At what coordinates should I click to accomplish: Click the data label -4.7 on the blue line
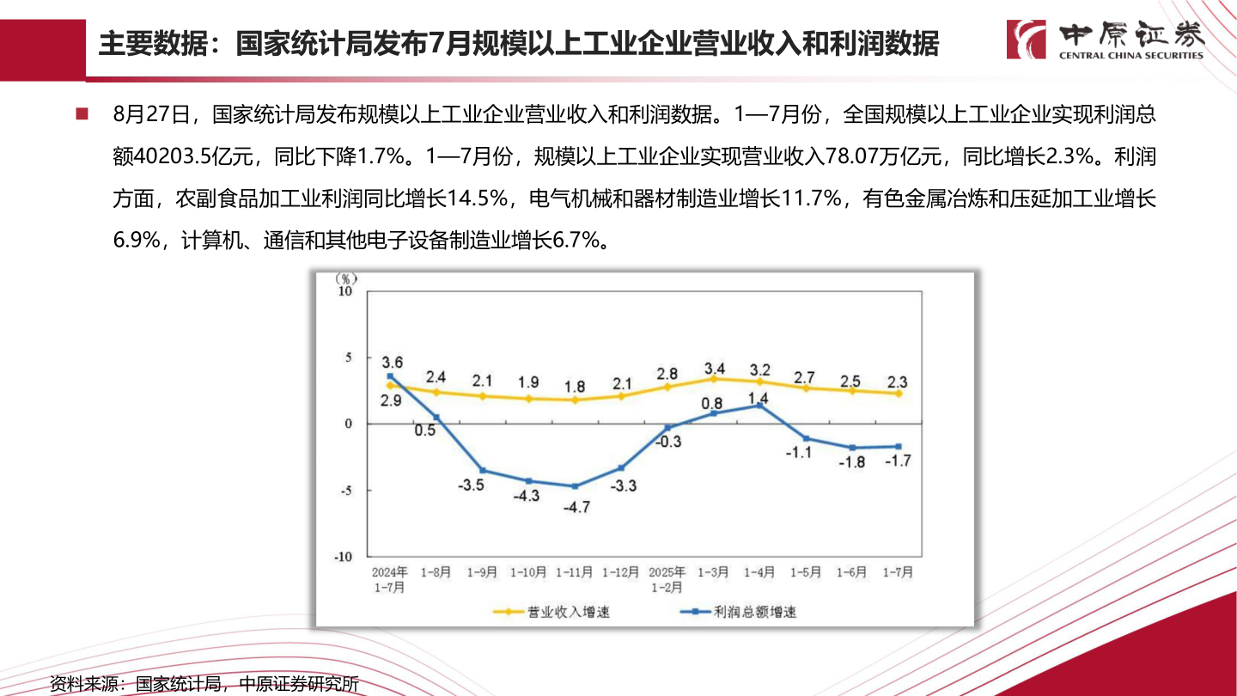click(576, 507)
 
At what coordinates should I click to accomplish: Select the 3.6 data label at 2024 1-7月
click(393, 361)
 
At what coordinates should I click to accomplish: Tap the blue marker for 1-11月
click(575, 486)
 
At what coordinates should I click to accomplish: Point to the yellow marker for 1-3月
click(713, 378)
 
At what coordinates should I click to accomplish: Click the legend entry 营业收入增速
click(551, 613)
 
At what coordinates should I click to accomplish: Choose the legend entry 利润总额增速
click(738, 613)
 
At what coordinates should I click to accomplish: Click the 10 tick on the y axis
click(345, 291)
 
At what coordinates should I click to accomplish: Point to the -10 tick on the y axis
click(343, 556)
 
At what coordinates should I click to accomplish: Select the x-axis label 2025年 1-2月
click(667, 579)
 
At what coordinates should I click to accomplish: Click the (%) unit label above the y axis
click(345, 278)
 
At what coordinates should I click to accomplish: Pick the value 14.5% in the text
click(477, 199)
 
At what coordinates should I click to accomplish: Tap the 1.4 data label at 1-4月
click(758, 398)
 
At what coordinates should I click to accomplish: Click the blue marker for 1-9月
click(482, 470)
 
